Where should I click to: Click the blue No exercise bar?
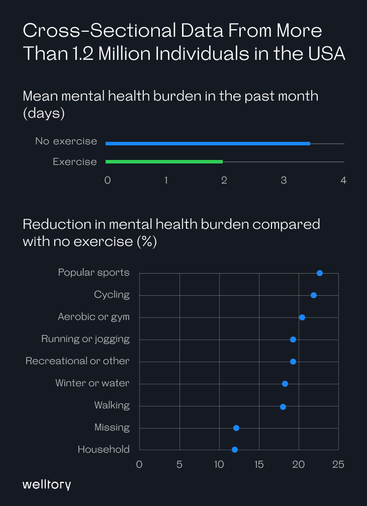click(x=208, y=143)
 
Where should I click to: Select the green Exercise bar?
click(x=164, y=161)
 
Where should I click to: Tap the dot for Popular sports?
click(x=320, y=273)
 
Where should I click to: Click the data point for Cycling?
click(x=314, y=295)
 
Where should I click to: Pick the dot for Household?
click(x=235, y=450)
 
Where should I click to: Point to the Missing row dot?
click(x=236, y=428)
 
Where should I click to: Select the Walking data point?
click(x=283, y=406)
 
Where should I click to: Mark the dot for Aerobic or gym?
click(x=302, y=317)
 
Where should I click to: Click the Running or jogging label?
click(x=85, y=339)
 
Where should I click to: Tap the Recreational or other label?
click(x=77, y=361)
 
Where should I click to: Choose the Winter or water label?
click(x=93, y=383)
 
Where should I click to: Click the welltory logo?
click(x=47, y=484)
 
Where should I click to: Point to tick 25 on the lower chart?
click(x=338, y=464)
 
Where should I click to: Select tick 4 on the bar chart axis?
click(x=344, y=180)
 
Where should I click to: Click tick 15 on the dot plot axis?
click(x=259, y=464)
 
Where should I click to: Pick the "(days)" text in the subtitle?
click(x=44, y=113)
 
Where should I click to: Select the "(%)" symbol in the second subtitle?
click(x=147, y=241)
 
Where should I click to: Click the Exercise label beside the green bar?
click(x=75, y=161)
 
